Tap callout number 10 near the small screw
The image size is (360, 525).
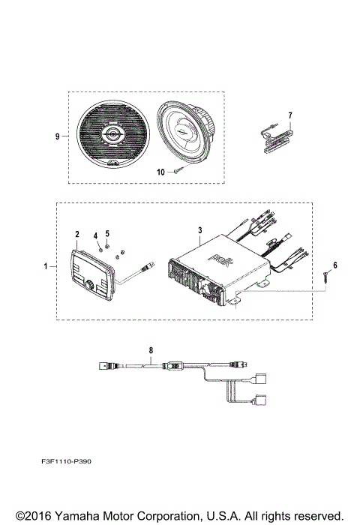pos(160,172)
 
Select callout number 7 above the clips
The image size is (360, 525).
pos(289,115)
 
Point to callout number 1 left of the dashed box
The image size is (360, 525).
pos(46,266)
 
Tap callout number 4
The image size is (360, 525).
pos(95,236)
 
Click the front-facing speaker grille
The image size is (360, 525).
pos(110,136)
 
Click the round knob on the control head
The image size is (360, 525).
pos(88,286)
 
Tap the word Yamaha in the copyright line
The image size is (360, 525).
pos(73,515)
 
